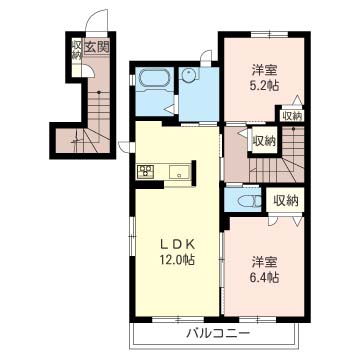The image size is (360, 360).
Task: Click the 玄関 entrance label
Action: [96, 47]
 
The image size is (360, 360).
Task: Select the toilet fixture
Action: [248, 201]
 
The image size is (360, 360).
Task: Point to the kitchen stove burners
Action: [145, 172]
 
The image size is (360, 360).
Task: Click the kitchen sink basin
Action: [179, 172]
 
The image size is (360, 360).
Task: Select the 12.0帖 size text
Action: [177, 259]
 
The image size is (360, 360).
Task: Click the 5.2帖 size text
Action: [265, 86]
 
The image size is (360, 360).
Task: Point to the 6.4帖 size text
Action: [265, 277]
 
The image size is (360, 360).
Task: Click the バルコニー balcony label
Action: [217, 333]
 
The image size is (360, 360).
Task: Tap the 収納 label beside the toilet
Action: [286, 200]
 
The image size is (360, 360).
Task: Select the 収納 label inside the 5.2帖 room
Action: [292, 116]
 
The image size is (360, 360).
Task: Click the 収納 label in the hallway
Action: [264, 141]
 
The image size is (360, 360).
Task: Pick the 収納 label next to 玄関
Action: [77, 50]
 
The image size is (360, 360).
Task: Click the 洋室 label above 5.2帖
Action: [265, 70]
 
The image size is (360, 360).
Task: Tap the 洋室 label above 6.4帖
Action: [265, 262]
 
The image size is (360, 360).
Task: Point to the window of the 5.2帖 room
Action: [269, 34]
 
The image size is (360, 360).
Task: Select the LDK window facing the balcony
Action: [179, 319]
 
